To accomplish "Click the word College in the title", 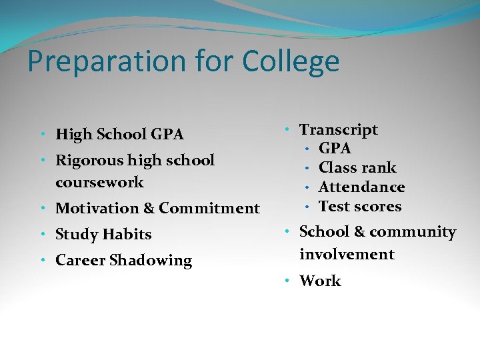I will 291,61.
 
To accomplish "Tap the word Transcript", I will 339,129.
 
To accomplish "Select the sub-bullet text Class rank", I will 357,167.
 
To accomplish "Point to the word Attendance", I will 362,187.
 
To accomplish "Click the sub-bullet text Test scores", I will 360,206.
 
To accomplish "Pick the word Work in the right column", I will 320,281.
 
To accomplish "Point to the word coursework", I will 99,182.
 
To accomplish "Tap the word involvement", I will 347,254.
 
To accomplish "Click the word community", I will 413,232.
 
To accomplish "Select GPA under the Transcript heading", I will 335,148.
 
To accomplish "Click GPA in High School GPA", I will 167,134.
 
